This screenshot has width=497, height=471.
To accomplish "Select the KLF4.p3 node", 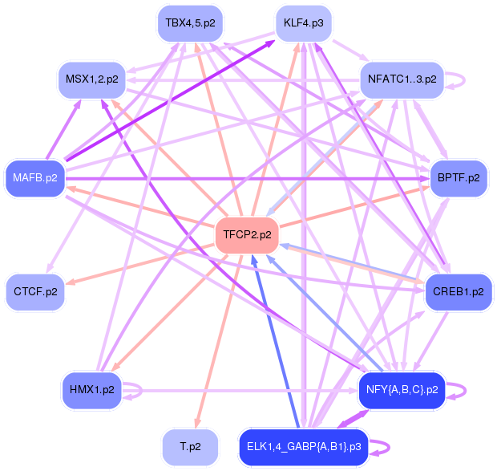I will [303, 22].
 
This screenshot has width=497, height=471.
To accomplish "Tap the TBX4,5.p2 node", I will [185, 22].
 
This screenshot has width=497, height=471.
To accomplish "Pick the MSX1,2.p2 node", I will [91, 79].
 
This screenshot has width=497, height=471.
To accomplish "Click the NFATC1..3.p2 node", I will [402, 79].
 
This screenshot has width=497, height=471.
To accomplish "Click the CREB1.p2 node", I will [459, 290].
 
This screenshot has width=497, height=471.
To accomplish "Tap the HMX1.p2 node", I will [92, 390].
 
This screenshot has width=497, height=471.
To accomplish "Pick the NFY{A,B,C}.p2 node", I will [401, 390].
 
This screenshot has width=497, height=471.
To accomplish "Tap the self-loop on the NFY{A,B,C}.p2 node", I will [463, 391].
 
